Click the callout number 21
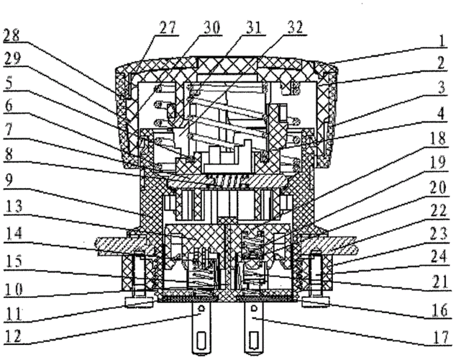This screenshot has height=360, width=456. [x=444, y=288]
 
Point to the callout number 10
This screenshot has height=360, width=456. [x=12, y=291]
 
